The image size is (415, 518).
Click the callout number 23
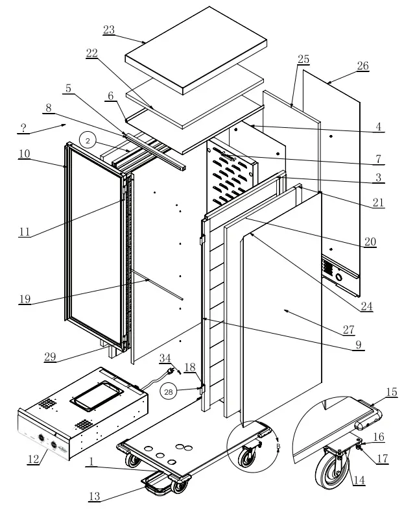click(108, 30)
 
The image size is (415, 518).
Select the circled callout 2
click(89, 140)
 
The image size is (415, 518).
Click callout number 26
click(362, 66)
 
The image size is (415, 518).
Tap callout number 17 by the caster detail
click(383, 458)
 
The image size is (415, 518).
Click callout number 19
click(25, 300)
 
